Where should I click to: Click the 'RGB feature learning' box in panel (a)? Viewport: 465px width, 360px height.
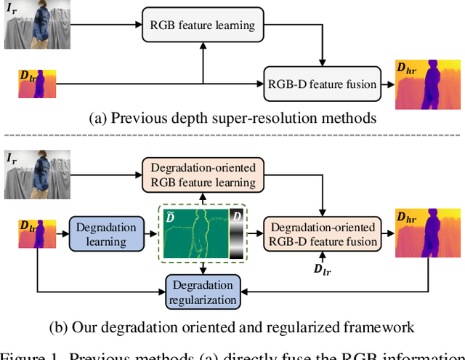coord(202,25)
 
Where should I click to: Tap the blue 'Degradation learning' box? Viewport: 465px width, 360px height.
coord(105,233)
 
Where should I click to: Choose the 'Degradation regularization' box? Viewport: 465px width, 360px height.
coord(203,292)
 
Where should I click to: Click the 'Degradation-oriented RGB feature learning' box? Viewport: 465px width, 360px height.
coord(203,175)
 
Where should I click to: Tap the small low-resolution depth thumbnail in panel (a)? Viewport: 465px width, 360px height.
coord(36,84)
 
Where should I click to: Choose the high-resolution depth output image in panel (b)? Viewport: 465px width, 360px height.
coord(428,233)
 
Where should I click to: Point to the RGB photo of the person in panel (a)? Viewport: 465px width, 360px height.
coord(36,25)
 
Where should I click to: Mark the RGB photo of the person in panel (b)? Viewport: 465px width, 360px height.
coord(36,175)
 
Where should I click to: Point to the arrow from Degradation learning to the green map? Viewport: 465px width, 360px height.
coord(149,233)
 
